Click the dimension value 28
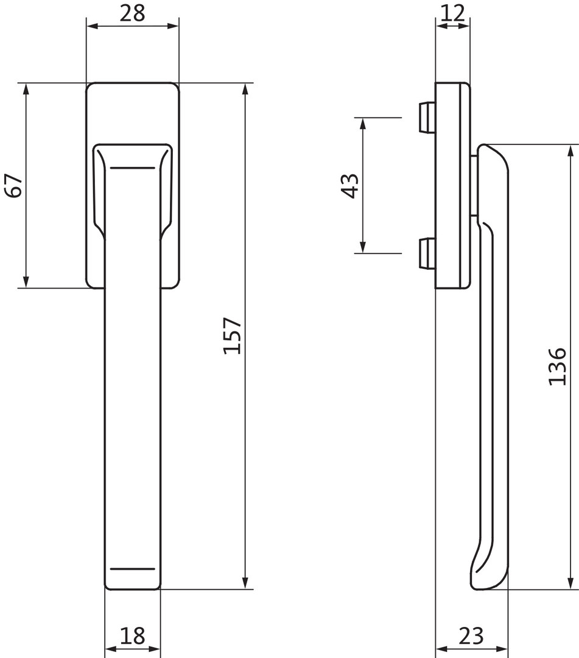(x=133, y=13)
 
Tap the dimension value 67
(x=13, y=185)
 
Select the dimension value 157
(x=232, y=336)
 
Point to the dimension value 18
(x=133, y=635)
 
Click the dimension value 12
(x=453, y=13)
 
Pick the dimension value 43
(x=349, y=185)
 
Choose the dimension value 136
(x=557, y=366)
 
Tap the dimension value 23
(x=471, y=635)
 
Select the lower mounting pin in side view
(x=426, y=253)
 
